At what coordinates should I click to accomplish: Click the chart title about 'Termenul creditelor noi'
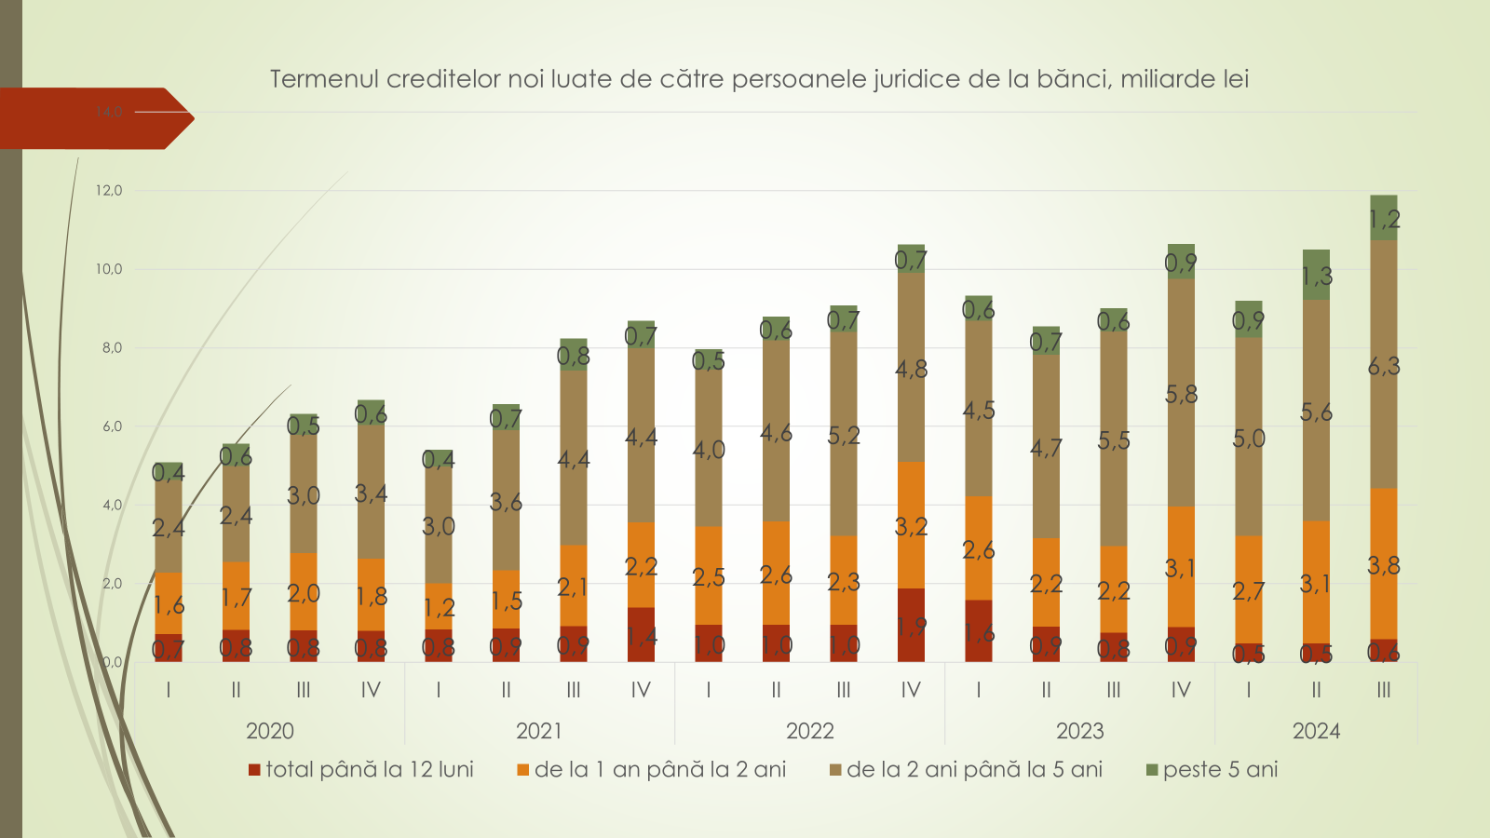coord(759,79)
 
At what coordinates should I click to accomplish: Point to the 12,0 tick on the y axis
coord(109,191)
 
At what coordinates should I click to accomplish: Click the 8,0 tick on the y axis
coord(111,348)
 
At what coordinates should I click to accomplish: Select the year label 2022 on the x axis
coord(809,731)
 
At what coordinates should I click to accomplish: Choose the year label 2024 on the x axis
coord(1316,731)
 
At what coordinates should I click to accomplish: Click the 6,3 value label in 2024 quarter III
coord(1384,366)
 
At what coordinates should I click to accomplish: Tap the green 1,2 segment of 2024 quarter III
coord(1384,218)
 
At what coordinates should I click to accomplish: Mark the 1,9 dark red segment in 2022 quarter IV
coord(911,625)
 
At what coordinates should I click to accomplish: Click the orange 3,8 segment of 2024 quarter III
coord(1384,563)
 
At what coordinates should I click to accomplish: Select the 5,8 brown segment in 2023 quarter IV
coord(1181,393)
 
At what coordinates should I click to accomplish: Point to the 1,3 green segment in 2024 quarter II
coord(1316,275)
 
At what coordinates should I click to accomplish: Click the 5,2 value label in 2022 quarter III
coord(844,436)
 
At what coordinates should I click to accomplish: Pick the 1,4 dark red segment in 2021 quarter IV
coord(641,635)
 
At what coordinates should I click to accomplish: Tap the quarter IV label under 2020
coord(371,690)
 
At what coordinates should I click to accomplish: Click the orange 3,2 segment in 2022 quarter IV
coord(911,525)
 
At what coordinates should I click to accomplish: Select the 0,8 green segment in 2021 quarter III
coord(574,355)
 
